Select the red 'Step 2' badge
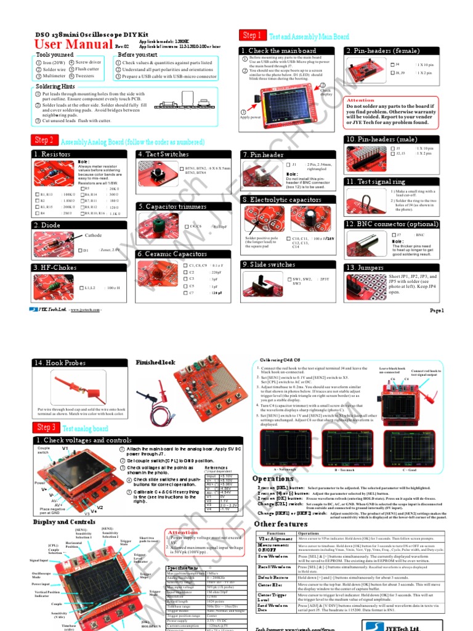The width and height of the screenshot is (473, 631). pos(45,140)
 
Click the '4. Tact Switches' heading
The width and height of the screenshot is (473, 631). pos(163,154)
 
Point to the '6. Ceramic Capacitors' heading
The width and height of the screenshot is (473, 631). pos(172,254)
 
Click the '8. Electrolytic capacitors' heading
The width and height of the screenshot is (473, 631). pos(281,200)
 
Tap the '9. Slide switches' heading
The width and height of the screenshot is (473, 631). pos(269,264)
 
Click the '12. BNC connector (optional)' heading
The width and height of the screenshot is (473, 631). pos(392,224)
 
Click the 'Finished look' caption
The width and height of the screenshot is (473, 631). pos(155,362)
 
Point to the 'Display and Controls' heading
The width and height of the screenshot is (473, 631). pos(64,522)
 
